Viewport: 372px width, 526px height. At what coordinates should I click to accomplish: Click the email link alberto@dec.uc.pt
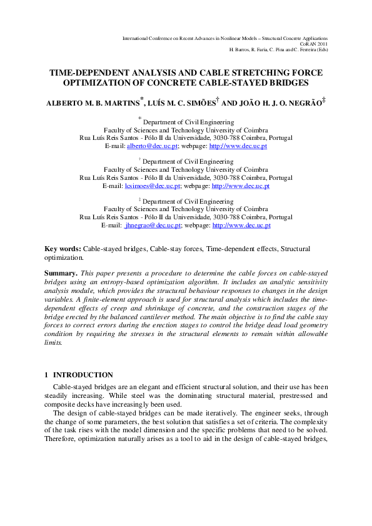[x=153, y=146]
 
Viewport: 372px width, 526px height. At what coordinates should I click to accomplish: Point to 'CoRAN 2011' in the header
[x=314, y=44]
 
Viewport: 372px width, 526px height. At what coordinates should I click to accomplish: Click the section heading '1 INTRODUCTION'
[x=79, y=375]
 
